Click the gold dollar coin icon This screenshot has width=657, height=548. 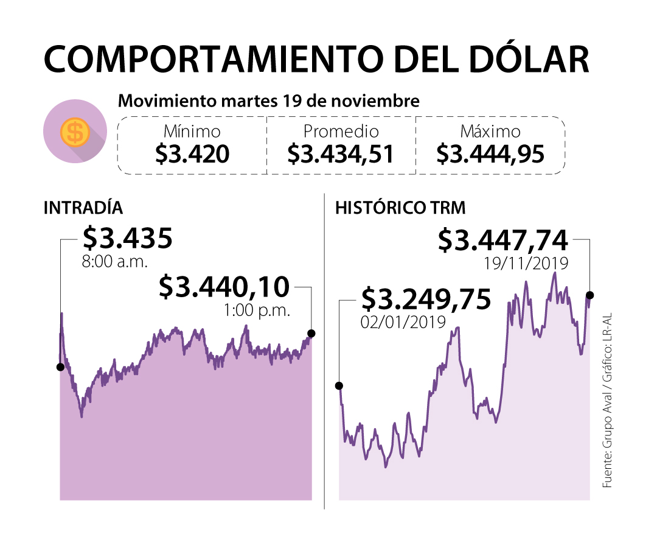click(x=75, y=132)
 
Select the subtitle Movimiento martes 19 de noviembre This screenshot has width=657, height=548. click(x=268, y=100)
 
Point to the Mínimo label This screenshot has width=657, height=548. click(x=192, y=132)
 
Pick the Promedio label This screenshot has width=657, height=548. click(x=341, y=132)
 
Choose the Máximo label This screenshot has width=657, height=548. click(x=490, y=132)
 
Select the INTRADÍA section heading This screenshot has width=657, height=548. click(x=83, y=208)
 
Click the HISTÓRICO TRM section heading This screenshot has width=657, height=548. click(x=400, y=208)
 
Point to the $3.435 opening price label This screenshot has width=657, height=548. click(x=128, y=239)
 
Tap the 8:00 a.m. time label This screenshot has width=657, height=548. click(x=115, y=263)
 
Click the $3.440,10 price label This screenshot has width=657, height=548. click(x=224, y=287)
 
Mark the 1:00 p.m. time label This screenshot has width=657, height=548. click(x=257, y=310)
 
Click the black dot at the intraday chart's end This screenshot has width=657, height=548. click(x=311, y=333)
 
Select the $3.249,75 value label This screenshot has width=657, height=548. click(x=426, y=300)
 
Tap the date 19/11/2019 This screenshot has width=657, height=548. click(x=526, y=264)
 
